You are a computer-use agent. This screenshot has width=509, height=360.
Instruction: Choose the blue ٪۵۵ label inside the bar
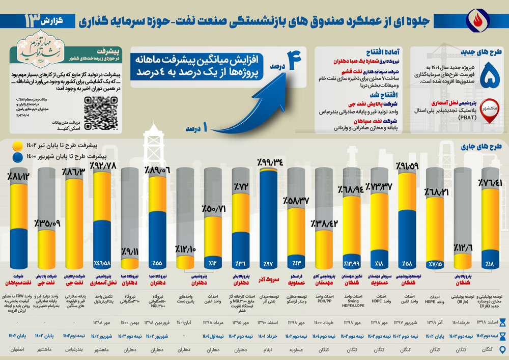[x=157, y=263]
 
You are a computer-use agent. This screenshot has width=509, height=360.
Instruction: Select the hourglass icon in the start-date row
[x=502, y=322]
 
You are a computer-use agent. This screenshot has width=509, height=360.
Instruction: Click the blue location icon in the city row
[x=502, y=349]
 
